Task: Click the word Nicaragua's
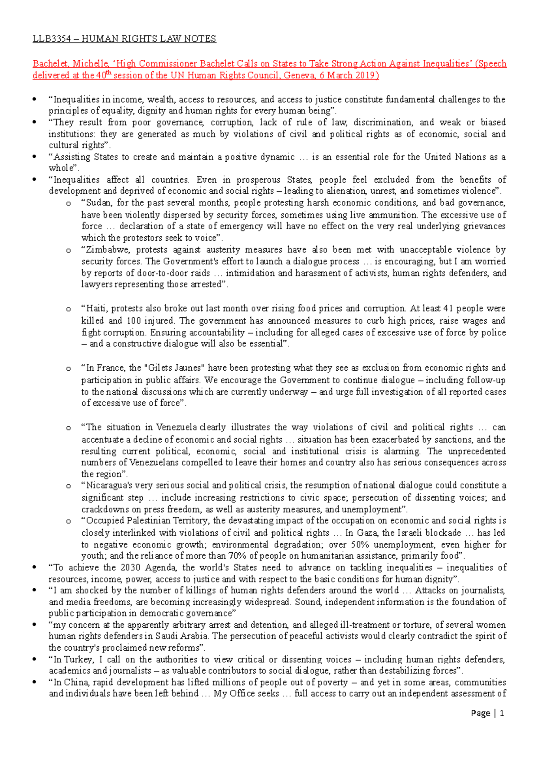107,485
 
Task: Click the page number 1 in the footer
502,713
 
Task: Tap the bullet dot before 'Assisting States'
35,157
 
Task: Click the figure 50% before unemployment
358,544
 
